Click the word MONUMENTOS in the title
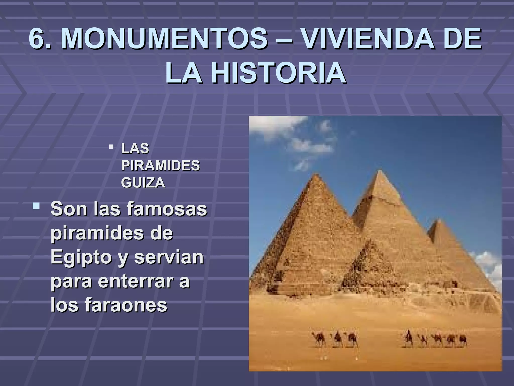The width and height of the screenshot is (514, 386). click(x=164, y=39)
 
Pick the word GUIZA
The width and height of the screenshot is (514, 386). click(x=143, y=183)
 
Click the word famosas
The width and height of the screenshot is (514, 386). click(x=167, y=209)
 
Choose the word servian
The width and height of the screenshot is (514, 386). click(x=169, y=258)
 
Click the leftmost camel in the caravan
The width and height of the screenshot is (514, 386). click(x=318, y=339)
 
